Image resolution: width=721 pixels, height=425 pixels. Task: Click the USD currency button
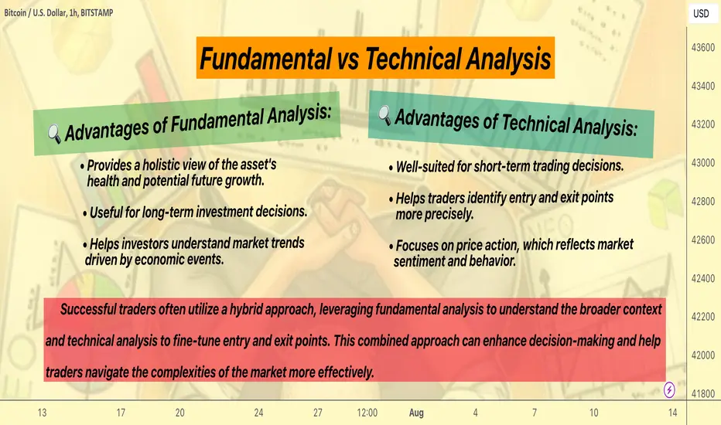tap(701, 13)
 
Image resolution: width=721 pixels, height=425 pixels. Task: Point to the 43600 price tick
tap(703, 47)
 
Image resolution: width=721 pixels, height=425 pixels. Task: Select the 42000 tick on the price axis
tap(703, 355)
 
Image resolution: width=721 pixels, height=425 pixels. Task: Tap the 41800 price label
tap(703, 394)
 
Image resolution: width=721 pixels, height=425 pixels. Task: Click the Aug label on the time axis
tap(416, 413)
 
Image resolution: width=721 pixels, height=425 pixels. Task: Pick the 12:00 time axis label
tap(367, 413)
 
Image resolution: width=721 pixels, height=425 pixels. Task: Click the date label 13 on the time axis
tap(42, 413)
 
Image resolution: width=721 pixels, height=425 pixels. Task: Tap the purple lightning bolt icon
tap(669, 390)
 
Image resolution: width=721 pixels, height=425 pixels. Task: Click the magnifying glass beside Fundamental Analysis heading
tap(54, 134)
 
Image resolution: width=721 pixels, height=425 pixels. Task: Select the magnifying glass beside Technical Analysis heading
tap(384, 115)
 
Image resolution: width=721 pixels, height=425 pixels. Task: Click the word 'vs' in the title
tap(348, 59)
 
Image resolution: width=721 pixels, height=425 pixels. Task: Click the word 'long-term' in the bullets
tap(169, 212)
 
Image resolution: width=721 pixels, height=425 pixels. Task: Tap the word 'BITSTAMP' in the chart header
tap(97, 13)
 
